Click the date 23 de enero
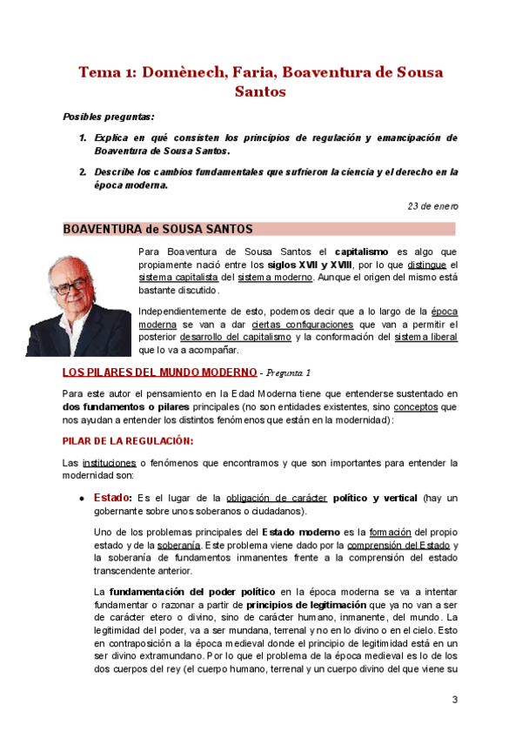(x=433, y=206)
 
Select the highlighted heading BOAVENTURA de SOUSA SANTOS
(x=157, y=229)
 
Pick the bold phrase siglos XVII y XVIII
(x=309, y=265)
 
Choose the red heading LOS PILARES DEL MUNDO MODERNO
(x=160, y=372)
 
